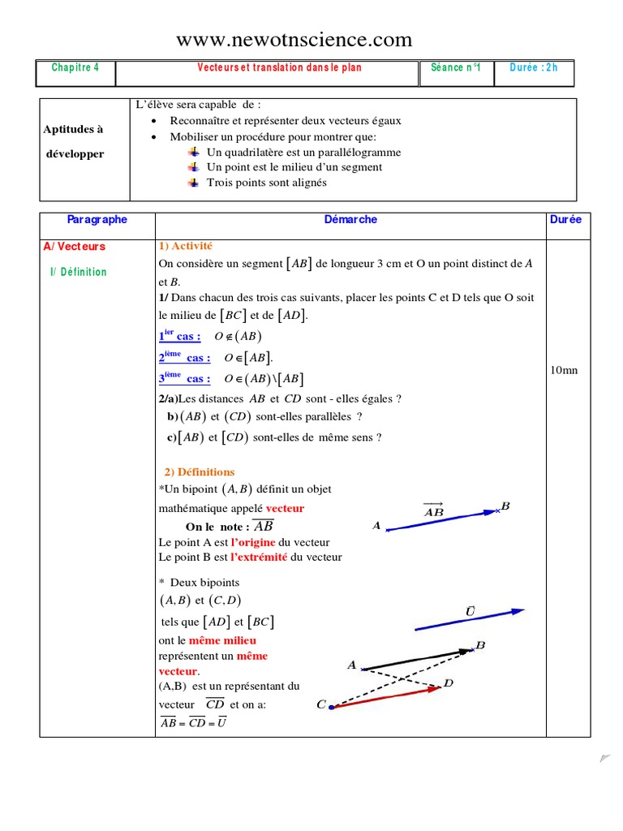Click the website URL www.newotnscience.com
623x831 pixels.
[294, 40]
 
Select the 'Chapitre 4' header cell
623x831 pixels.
[75, 68]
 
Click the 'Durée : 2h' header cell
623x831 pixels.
[534, 68]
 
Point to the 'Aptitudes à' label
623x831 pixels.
[73, 129]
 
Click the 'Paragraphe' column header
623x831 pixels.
[97, 220]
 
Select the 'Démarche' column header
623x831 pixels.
[350, 220]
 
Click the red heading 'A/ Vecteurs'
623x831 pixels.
[75, 247]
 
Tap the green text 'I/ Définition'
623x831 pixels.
[78, 272]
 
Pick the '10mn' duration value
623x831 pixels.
[564, 371]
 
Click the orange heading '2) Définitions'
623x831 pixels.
[200, 472]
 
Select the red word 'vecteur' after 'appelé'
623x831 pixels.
[285, 509]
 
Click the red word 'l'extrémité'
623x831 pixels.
[259, 558]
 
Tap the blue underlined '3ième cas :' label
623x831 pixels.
[184, 379]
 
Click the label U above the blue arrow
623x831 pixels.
[470, 609]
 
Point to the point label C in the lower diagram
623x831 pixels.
[321, 705]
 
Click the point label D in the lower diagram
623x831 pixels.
[449, 684]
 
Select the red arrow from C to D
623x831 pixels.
[385, 697]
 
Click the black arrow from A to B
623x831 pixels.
[415, 659]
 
